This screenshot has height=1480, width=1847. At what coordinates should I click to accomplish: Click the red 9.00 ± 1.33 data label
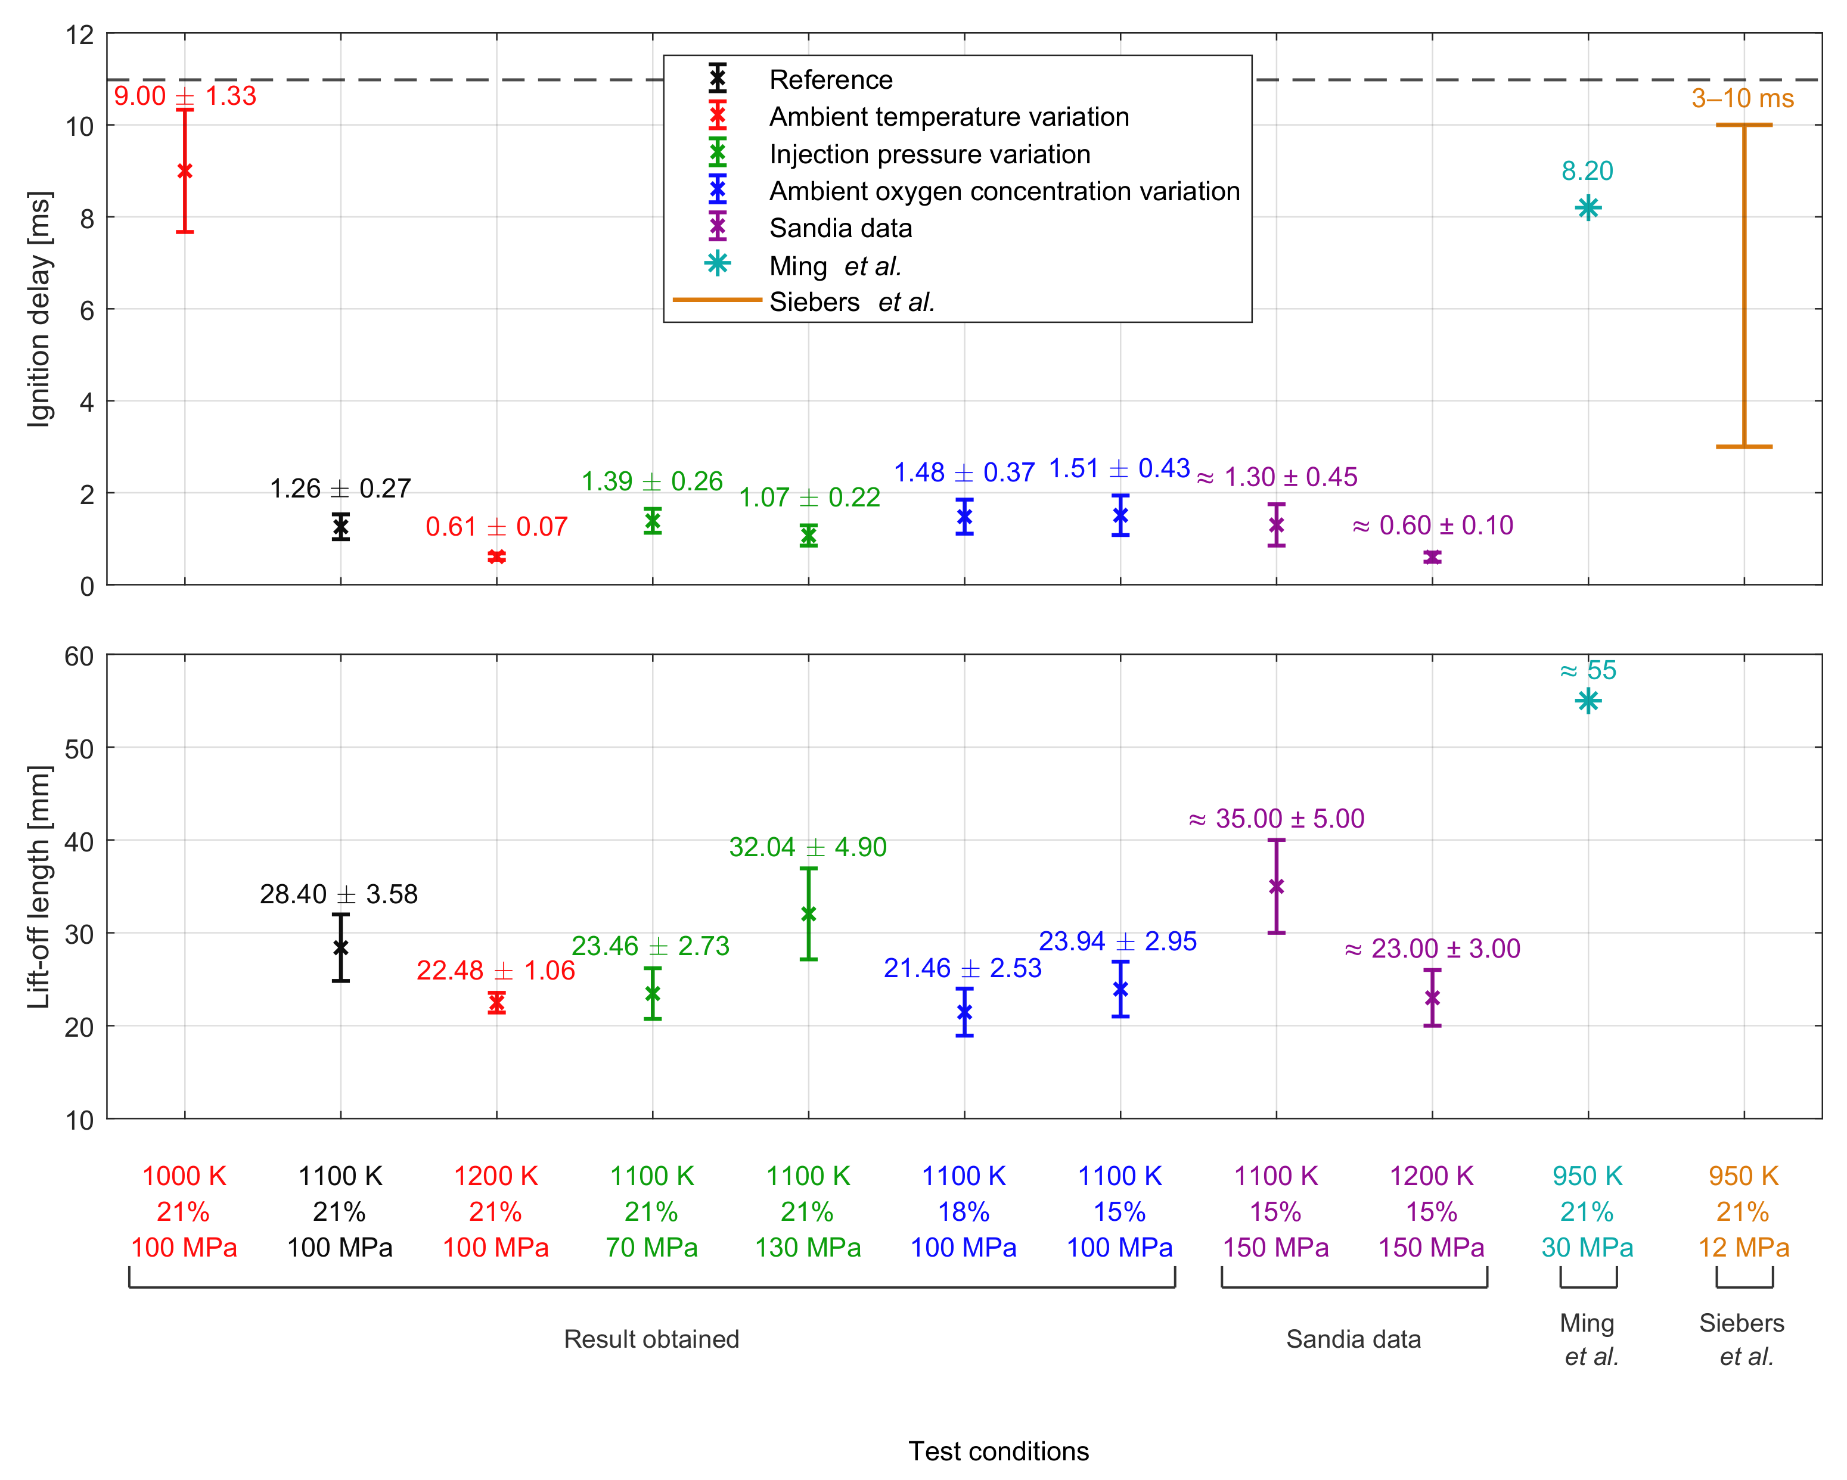[185, 96]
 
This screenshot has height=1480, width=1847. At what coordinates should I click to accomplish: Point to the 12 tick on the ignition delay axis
[80, 35]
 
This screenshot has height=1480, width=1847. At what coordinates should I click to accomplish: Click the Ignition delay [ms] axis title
[39, 309]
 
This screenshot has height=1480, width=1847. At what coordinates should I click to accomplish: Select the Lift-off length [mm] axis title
[39, 887]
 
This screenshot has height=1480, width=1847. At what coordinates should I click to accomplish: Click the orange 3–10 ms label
[1743, 98]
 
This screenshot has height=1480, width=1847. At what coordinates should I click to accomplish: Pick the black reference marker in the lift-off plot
[341, 947]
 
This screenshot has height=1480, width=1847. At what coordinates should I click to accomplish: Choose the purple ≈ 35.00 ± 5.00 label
[1277, 819]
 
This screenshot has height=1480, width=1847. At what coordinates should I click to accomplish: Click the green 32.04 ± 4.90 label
[808, 847]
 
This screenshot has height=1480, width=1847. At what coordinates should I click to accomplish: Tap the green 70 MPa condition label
[652, 1248]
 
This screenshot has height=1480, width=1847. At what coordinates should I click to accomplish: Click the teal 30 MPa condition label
[1587, 1248]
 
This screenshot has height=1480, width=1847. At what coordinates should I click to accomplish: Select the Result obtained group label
[651, 1339]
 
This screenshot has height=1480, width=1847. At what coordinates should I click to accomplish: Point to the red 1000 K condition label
[184, 1176]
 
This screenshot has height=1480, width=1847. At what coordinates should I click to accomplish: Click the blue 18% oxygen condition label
[964, 1212]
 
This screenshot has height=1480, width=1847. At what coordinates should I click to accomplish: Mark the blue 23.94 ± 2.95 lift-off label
[1118, 941]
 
